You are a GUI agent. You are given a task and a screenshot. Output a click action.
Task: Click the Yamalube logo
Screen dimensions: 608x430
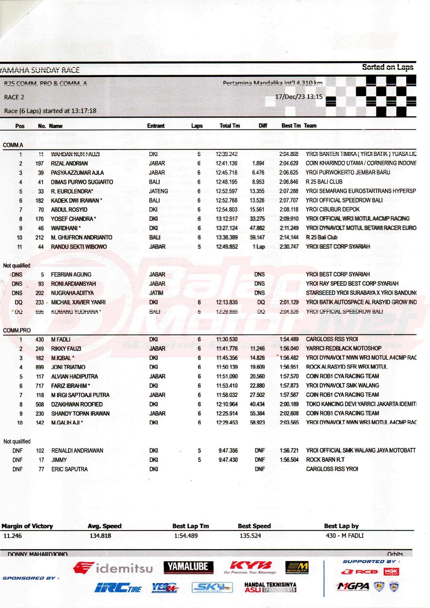[188, 567]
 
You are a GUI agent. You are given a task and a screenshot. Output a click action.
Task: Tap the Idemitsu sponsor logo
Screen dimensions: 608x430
[113, 568]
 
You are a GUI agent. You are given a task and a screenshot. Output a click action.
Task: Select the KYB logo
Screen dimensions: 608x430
[251, 567]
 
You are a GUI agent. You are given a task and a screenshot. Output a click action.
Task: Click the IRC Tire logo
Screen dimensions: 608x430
[118, 588]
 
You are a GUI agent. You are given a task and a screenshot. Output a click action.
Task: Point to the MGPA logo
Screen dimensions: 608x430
[353, 586]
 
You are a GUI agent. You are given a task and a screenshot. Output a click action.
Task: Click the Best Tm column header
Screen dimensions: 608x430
[291, 126]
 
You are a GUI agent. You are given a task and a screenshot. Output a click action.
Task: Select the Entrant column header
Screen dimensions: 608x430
[156, 126]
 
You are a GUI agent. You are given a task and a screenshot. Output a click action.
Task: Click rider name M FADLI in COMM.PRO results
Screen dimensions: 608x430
[61, 339]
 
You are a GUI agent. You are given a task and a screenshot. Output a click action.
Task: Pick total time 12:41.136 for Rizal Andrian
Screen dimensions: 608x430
[227, 163]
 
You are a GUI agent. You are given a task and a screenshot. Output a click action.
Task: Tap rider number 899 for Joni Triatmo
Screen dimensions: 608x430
[40, 367]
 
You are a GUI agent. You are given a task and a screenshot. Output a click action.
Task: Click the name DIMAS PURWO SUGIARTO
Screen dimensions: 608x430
[82, 182]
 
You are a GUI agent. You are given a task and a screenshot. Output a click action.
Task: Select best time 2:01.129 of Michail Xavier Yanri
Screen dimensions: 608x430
[289, 302]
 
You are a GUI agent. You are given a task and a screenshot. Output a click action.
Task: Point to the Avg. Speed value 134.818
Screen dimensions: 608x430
[100, 536]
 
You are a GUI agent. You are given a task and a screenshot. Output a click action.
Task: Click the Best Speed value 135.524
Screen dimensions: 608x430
[250, 536]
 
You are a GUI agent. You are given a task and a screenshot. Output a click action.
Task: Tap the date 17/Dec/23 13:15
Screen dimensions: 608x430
[299, 97]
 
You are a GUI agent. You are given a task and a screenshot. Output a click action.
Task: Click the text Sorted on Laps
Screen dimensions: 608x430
[387, 67]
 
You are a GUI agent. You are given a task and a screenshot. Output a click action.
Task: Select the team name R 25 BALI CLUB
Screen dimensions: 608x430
[324, 182]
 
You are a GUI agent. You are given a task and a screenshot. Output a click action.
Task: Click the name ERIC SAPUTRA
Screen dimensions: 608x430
[69, 469]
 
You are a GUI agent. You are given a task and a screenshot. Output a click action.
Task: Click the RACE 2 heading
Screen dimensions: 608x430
[14, 97]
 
